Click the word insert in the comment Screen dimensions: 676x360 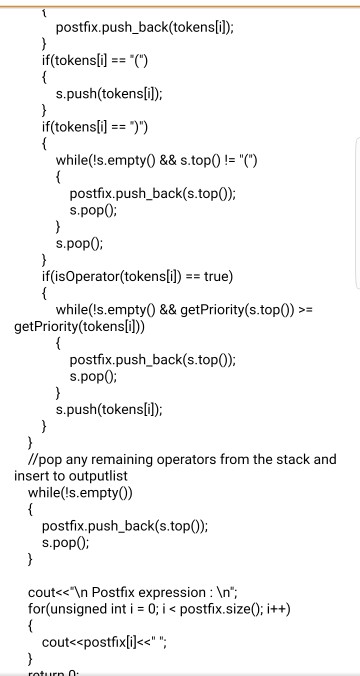[31, 476]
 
